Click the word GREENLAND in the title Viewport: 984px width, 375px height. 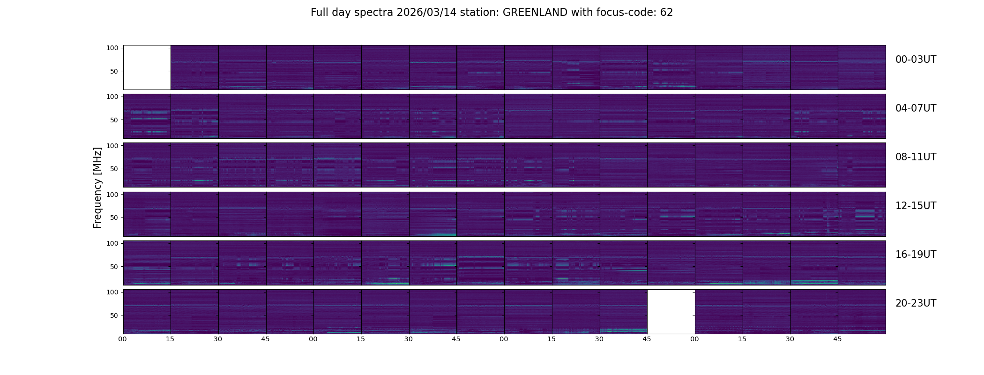pyautogui.click(x=535, y=13)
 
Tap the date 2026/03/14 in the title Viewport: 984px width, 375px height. pyautogui.click(x=428, y=13)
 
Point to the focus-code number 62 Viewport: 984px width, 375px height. pyautogui.click(x=666, y=13)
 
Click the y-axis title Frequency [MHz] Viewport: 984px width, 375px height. pyautogui.click(x=97, y=188)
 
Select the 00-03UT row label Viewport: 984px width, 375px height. pyautogui.click(x=916, y=60)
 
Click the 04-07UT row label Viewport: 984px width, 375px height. pyautogui.click(x=916, y=108)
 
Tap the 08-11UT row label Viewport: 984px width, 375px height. pyautogui.click(x=916, y=157)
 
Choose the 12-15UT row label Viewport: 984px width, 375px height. pyautogui.click(x=916, y=206)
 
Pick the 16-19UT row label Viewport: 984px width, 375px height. pyautogui.click(x=916, y=255)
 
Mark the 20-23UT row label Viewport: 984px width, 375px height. pyautogui.click(x=916, y=303)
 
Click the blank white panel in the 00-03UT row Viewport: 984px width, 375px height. pyautogui.click(x=147, y=67)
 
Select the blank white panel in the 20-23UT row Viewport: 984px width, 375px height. pyautogui.click(x=671, y=311)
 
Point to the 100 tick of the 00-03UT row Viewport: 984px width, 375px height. pyautogui.click(x=112, y=48)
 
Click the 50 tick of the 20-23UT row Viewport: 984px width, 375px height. pyautogui.click(x=114, y=315)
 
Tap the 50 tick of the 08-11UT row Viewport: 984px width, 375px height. pyautogui.click(x=114, y=169)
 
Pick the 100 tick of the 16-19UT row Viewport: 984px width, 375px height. pyautogui.click(x=112, y=243)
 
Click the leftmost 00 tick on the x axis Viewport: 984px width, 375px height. pyautogui.click(x=123, y=339)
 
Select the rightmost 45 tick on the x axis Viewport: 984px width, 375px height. pyautogui.click(x=837, y=339)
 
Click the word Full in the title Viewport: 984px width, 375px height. pyautogui.click(x=319, y=13)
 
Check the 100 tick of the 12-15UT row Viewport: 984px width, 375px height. pyautogui.click(x=112, y=194)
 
